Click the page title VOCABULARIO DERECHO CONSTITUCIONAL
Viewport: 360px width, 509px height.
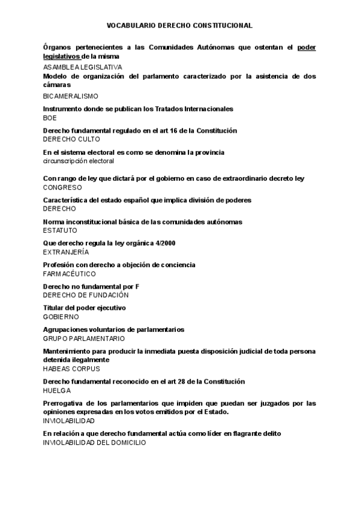point(179,26)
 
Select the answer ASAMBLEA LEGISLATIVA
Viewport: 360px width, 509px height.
point(83,67)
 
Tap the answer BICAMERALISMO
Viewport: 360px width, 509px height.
point(71,96)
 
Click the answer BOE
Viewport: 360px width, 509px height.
point(50,118)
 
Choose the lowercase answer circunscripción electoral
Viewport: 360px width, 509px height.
point(79,161)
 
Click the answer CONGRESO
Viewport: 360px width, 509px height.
point(62,187)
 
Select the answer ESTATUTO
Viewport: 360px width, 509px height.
point(60,230)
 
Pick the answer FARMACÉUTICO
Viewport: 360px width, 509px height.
point(70,274)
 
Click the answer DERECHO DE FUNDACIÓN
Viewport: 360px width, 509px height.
point(86,295)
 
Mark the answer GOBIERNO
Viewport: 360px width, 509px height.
point(61,316)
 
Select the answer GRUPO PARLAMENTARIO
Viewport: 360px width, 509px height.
point(84,339)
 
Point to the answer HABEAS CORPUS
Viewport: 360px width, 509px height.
point(71,369)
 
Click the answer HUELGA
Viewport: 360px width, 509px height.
point(57,390)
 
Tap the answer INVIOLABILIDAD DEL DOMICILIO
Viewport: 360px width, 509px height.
point(94,442)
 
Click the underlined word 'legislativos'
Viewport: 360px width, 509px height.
point(62,56)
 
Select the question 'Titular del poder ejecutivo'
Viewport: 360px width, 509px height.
point(85,308)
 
